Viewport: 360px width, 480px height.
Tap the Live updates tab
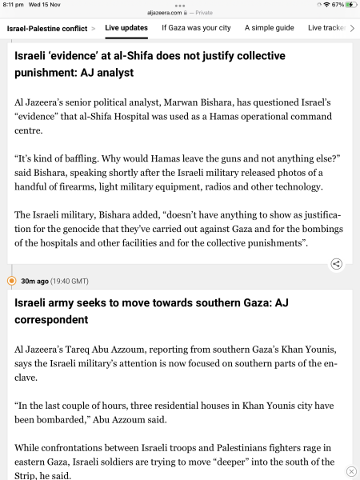(126, 28)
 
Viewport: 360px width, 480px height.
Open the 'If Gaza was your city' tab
(196, 28)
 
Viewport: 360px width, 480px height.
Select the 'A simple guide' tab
(268, 28)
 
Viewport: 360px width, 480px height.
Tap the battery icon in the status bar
(350, 5)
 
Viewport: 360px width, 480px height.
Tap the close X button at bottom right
(350, 471)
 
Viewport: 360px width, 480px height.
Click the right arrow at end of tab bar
(352, 28)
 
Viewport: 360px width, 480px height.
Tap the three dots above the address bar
(179, 5)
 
